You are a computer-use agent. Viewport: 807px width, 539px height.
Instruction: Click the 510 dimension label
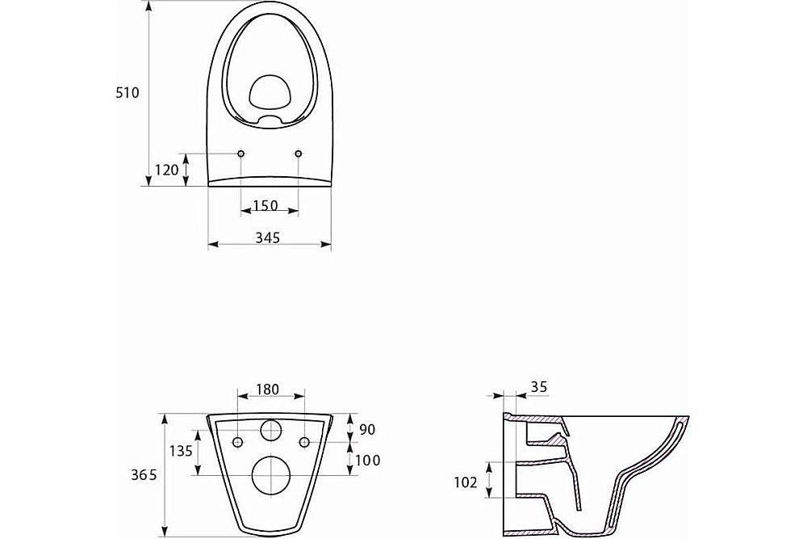128,93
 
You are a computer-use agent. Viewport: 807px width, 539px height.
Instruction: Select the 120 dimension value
167,170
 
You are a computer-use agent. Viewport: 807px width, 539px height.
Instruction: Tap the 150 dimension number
266,206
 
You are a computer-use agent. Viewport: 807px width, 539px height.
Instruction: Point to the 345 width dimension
268,238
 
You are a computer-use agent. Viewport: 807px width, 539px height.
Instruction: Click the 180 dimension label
267,389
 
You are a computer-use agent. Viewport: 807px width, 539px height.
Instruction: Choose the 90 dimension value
367,429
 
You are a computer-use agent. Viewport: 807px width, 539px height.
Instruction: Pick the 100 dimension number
368,460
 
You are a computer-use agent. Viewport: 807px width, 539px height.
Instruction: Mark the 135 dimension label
181,451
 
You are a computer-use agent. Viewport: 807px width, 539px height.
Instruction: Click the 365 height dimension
144,475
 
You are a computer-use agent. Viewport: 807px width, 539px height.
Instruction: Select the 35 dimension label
539,387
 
